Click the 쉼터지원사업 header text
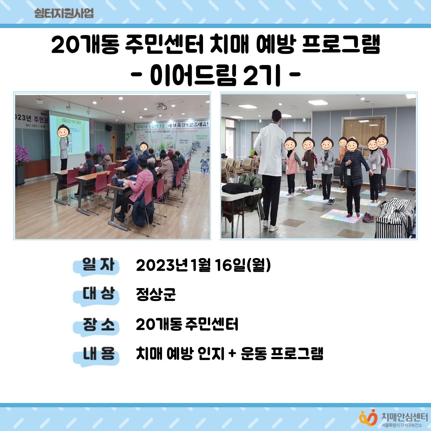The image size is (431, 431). tap(63, 13)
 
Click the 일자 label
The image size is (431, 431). tap(98, 265)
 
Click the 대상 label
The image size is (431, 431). tap(98, 294)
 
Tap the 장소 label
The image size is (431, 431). tap(98, 324)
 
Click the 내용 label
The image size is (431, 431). tap(98, 354)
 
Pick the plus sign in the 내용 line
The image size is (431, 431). tap(232, 354)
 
